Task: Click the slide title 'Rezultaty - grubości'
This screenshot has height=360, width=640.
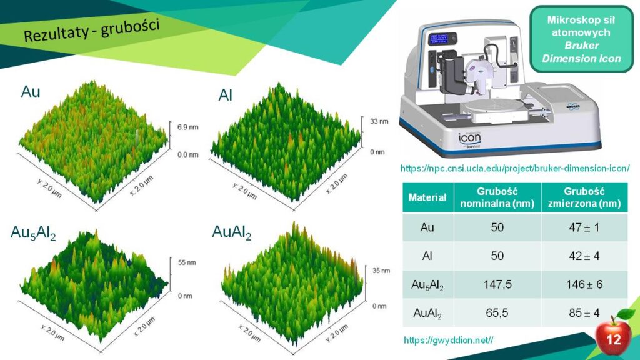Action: pyautogui.click(x=91, y=31)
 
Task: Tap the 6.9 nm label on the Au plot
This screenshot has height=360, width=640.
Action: pyautogui.click(x=187, y=127)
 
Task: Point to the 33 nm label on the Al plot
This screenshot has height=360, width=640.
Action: pyautogui.click(x=379, y=121)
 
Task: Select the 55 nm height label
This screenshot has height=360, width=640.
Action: pyautogui.click(x=187, y=262)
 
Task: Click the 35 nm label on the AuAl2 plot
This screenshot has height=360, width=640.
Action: pyautogui.click(x=381, y=271)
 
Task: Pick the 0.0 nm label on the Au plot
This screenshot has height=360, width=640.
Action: pyautogui.click(x=187, y=155)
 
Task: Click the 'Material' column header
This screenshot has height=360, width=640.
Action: pyautogui.click(x=427, y=197)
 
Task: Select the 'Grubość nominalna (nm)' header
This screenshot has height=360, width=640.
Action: pyautogui.click(x=497, y=197)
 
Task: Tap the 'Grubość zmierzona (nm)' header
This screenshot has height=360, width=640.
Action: pyautogui.click(x=584, y=197)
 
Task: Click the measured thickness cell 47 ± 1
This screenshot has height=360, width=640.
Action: pyautogui.click(x=584, y=227)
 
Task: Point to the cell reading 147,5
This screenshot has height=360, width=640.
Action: pyautogui.click(x=497, y=284)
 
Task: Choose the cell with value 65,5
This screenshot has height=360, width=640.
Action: pyautogui.click(x=497, y=313)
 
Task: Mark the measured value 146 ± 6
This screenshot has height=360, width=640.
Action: pyautogui.click(x=584, y=284)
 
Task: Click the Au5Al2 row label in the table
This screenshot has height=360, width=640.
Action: pyautogui.click(x=427, y=285)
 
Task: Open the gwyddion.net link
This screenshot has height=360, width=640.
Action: pyautogui.click(x=448, y=340)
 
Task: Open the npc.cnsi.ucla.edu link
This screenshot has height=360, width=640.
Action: pyautogui.click(x=515, y=168)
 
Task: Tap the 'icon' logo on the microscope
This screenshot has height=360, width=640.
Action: pyautogui.click(x=469, y=138)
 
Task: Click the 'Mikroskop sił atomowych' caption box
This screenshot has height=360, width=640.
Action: pyautogui.click(x=581, y=39)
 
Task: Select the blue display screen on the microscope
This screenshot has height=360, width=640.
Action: pyautogui.click(x=439, y=39)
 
